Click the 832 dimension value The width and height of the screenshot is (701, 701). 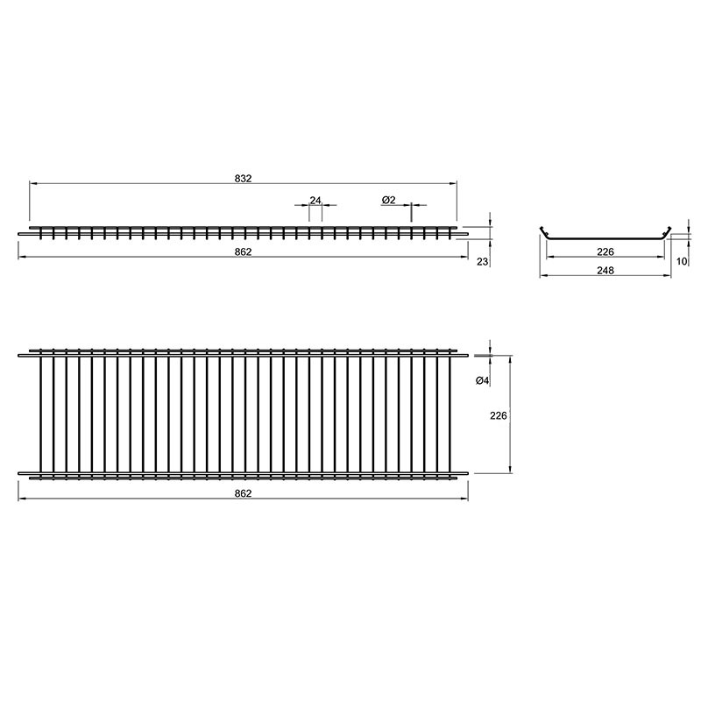244,179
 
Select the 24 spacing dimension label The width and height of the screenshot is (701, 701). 315,201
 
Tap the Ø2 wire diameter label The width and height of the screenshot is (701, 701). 389,201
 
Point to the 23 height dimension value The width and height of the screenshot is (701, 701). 483,261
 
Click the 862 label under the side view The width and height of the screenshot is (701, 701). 244,252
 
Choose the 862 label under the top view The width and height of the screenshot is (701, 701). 244,493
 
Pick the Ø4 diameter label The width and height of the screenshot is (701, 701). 484,380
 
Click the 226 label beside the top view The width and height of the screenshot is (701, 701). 499,415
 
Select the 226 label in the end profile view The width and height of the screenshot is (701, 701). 605,252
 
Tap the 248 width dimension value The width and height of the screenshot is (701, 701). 605,271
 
